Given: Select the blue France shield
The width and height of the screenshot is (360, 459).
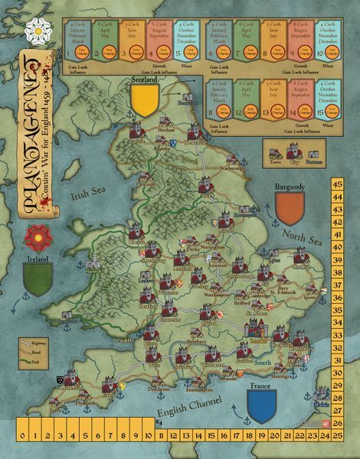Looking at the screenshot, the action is coord(260,406).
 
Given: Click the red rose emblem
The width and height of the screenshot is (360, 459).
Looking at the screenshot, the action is coord(37,237).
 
